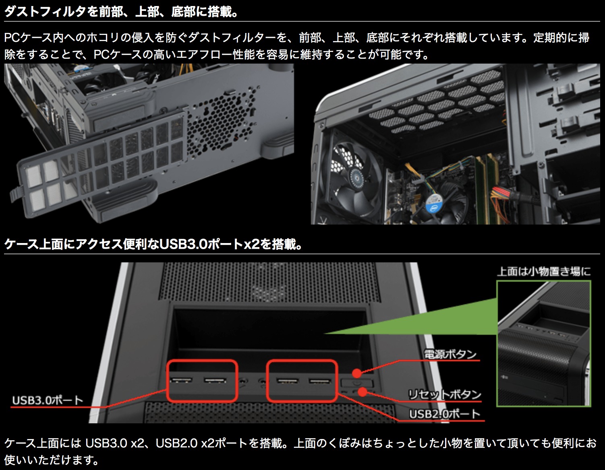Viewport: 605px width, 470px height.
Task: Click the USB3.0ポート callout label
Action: click(x=48, y=400)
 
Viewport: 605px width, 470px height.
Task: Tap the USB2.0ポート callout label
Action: click(x=445, y=414)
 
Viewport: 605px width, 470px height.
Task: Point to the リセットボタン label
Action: click(x=445, y=394)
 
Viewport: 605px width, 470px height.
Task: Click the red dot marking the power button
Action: click(x=356, y=373)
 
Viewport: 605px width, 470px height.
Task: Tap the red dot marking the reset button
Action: click(x=362, y=392)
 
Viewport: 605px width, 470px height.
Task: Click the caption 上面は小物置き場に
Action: click(x=544, y=272)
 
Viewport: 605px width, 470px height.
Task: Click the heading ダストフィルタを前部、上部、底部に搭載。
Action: click(x=121, y=12)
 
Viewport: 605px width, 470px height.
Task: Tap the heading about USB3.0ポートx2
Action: click(x=153, y=244)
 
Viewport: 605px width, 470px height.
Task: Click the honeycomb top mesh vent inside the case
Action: click(x=443, y=103)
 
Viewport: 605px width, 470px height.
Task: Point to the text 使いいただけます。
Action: click(x=52, y=460)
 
